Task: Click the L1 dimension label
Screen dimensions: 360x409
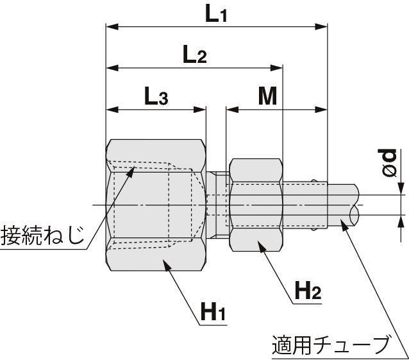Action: click(215, 14)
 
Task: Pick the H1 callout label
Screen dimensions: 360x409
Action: click(213, 313)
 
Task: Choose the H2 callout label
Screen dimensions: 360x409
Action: click(307, 292)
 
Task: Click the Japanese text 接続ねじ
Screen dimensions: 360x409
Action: click(42, 235)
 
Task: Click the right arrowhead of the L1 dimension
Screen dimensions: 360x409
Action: click(323, 27)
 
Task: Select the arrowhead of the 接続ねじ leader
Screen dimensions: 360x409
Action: click(132, 171)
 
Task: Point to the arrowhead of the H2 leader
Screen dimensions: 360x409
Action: click(260, 244)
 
